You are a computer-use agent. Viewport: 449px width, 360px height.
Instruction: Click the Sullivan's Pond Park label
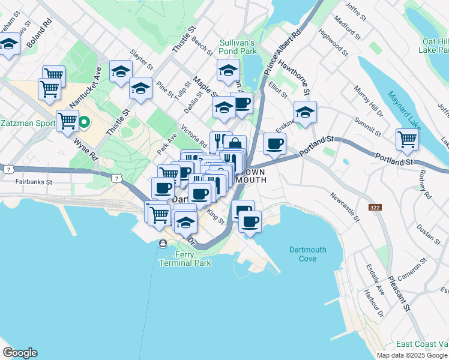point(238,47)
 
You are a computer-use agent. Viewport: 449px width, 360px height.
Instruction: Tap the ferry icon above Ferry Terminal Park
point(163,243)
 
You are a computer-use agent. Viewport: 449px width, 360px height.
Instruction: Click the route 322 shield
point(374,207)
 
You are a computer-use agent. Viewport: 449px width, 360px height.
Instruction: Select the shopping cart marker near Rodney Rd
point(407,139)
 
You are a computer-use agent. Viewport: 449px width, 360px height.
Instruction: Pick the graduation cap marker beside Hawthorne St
point(305,112)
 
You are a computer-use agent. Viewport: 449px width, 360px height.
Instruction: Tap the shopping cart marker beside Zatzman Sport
point(67,121)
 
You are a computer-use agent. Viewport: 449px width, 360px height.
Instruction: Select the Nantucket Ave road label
point(85,87)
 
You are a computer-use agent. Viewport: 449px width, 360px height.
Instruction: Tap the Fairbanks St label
point(34,181)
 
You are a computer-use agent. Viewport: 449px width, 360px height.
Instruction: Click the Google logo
point(20,353)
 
